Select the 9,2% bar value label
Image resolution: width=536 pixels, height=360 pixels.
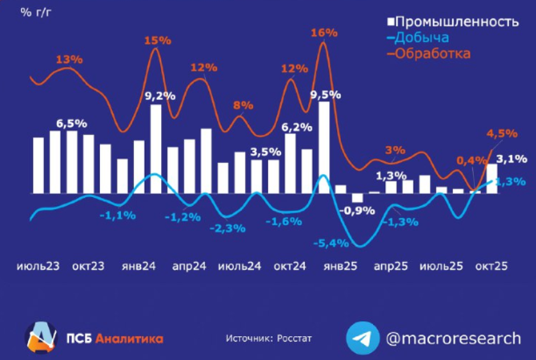[160, 95]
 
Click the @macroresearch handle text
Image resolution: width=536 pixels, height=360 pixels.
[453, 338]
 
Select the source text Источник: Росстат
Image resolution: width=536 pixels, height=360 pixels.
[268, 338]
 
